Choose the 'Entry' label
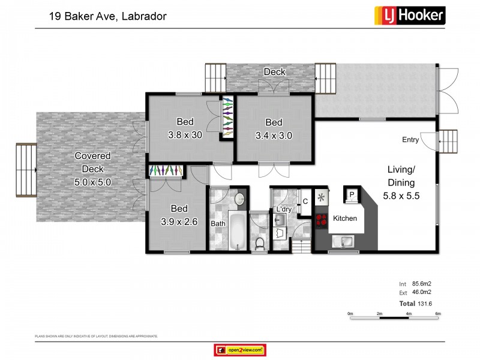click(410, 140)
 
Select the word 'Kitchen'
click(345, 218)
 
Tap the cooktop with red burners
click(320, 219)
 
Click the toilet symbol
click(260, 242)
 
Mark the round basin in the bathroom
click(239, 199)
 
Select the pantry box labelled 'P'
click(352, 195)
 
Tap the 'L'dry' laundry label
click(284, 209)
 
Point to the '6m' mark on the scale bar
click(438, 313)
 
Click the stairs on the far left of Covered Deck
click(26, 170)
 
